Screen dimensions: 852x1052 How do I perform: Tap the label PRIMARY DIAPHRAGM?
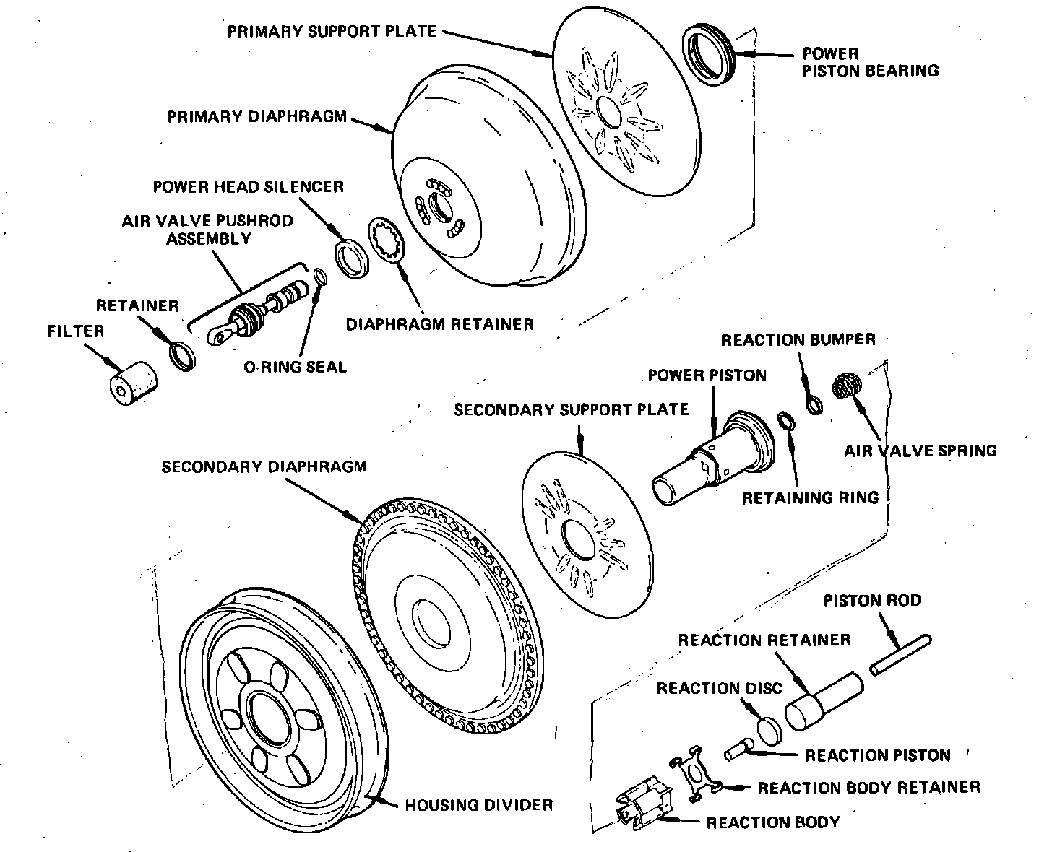point(257,117)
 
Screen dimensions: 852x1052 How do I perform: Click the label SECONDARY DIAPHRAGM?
point(264,466)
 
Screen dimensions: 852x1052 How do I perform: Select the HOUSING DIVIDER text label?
point(478,804)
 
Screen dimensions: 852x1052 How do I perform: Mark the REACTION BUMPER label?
point(798,339)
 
